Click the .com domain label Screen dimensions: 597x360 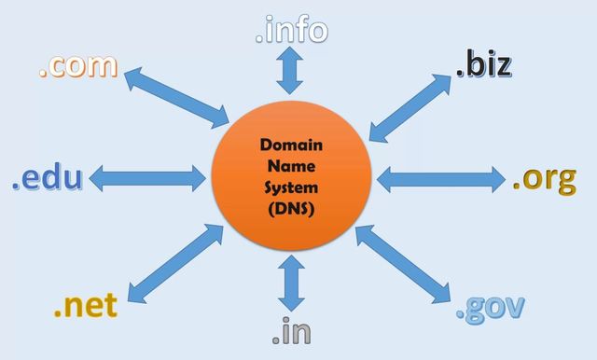[x=78, y=65]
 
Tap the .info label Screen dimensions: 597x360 [x=291, y=30]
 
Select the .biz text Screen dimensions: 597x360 [x=483, y=65]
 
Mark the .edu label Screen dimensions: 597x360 [x=48, y=177]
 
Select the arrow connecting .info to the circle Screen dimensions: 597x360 [x=290, y=71]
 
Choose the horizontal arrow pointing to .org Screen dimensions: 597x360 [x=440, y=176]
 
